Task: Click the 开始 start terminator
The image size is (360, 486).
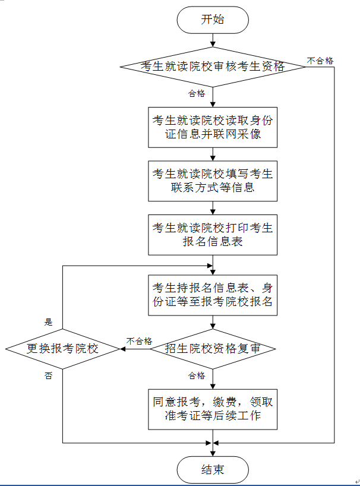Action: coord(212,20)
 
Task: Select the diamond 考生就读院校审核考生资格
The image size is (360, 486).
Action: coord(213,66)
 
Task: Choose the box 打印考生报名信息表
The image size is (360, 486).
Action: coord(213,235)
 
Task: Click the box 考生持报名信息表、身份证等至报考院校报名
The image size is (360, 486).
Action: coord(213,293)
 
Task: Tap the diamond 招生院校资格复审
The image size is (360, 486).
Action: coord(213,349)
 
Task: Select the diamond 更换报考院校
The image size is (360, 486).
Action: coord(63,349)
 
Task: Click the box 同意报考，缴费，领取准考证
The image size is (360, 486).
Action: coord(213,409)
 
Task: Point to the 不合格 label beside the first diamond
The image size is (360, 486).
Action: coord(320,61)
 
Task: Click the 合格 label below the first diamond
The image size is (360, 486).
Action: coord(197,93)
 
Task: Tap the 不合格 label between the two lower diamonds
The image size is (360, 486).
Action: coord(139,341)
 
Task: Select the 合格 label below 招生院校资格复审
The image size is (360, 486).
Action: coord(197,375)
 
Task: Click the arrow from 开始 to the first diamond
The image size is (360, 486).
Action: coord(213,40)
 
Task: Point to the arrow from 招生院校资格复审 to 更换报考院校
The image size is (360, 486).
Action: coord(135,349)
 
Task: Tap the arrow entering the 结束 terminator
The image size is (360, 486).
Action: coord(213,450)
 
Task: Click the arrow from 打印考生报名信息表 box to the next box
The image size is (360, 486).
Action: coord(213,263)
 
